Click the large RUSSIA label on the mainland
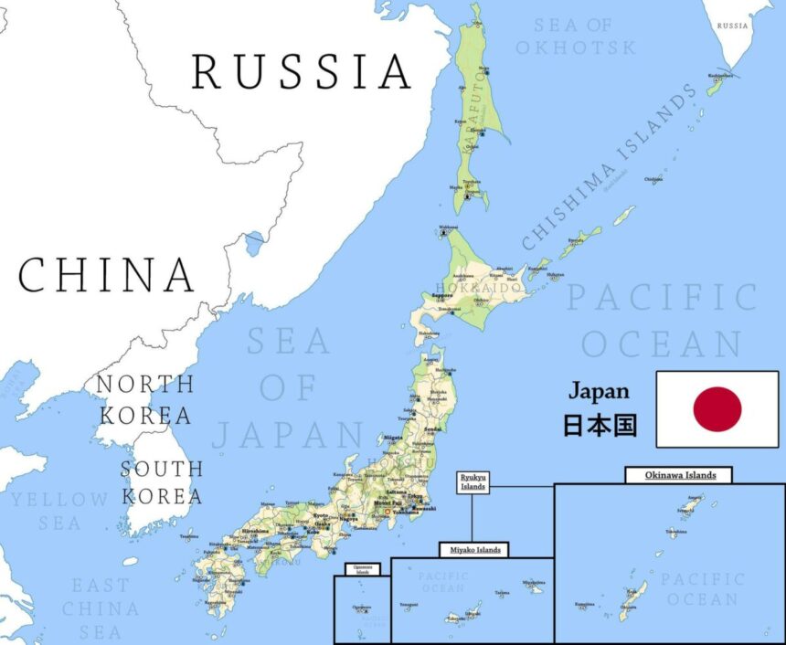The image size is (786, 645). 302,71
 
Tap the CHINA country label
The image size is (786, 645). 107,274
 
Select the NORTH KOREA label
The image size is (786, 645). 145,399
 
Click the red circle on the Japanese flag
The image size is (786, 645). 717,408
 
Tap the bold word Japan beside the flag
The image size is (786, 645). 599,391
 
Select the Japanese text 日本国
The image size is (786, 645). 599,426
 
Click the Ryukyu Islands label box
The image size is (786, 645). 473,482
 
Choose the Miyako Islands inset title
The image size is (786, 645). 473,549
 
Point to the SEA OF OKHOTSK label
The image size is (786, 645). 575,37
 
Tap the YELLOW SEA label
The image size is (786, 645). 58,511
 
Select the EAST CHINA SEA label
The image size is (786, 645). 101,608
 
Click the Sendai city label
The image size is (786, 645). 432,428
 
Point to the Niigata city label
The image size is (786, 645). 394,438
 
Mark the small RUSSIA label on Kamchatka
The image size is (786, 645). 733,26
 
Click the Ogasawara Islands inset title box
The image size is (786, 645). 362,569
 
